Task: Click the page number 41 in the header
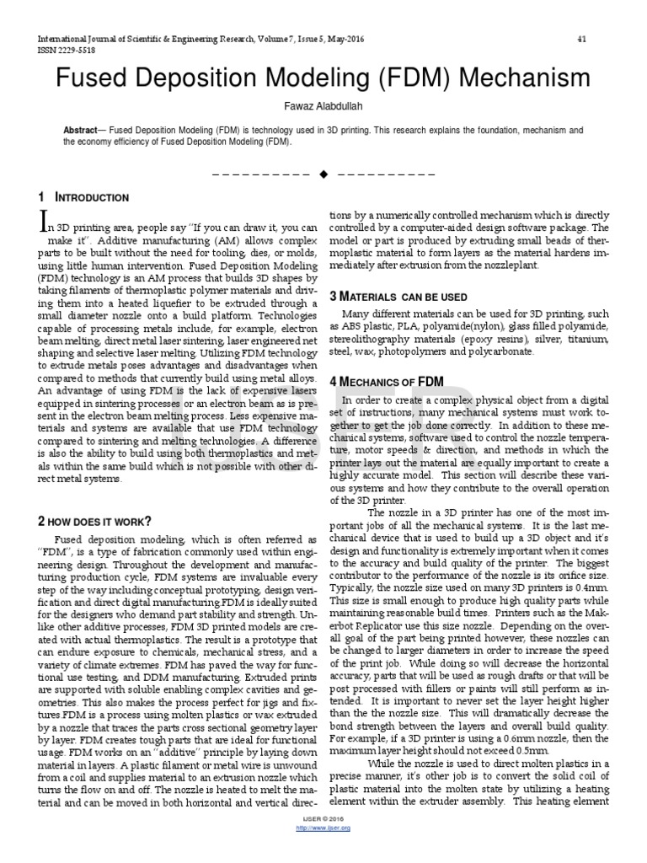click(582, 40)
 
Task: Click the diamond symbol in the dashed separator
click(323, 174)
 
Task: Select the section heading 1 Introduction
click(83, 198)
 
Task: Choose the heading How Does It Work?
click(95, 520)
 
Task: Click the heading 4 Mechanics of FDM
click(387, 381)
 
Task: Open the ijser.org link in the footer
click(323, 853)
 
